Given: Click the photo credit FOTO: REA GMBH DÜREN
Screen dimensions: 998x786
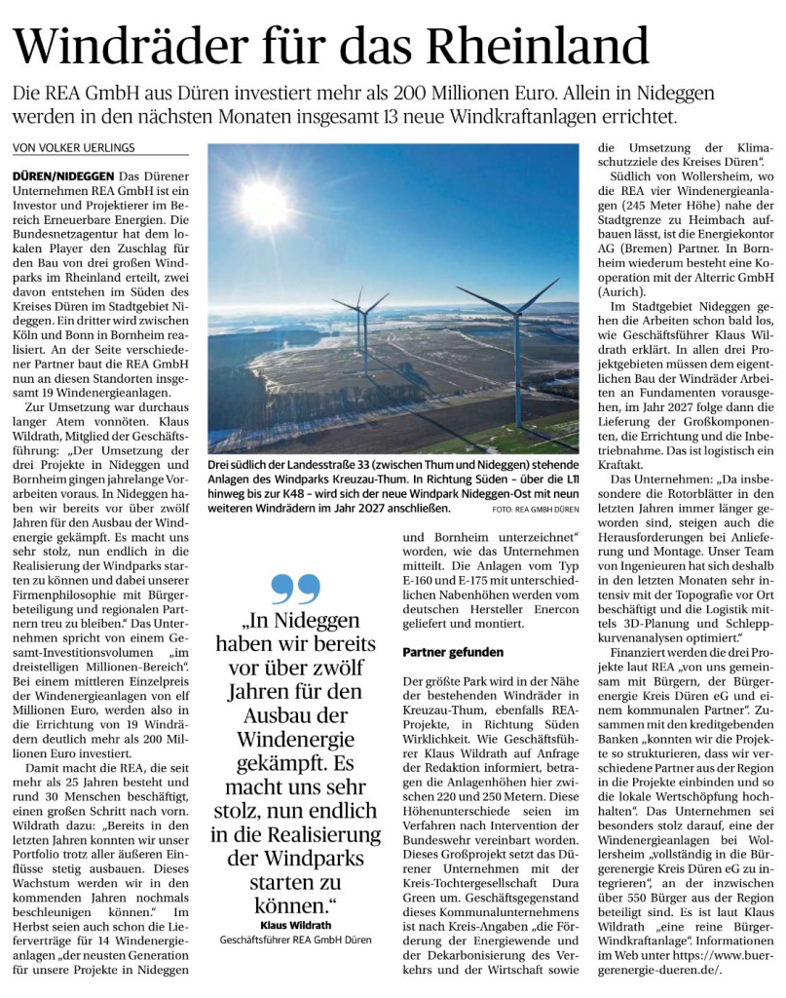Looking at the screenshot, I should [x=535, y=509].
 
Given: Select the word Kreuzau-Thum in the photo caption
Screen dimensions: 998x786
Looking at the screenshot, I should [x=392, y=475].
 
